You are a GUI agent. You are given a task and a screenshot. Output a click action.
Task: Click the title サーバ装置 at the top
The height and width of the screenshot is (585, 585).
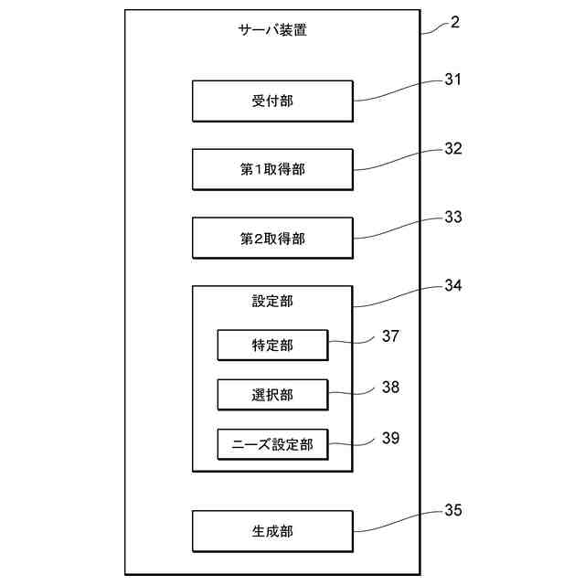click(x=272, y=29)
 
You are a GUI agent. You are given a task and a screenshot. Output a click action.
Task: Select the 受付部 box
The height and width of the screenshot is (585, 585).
click(x=272, y=101)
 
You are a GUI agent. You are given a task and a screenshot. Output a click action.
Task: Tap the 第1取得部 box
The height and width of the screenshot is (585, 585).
click(x=272, y=170)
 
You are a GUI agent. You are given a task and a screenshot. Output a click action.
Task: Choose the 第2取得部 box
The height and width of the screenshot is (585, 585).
click(x=272, y=238)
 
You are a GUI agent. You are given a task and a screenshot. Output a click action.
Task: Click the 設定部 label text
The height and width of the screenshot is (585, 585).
click(x=272, y=301)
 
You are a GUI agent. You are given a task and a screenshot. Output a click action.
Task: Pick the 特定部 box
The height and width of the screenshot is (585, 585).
click(x=272, y=345)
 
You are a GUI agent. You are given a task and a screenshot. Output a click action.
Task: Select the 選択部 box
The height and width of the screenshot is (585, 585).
click(x=272, y=395)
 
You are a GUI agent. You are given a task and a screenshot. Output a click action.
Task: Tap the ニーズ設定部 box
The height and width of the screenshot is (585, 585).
click(x=272, y=444)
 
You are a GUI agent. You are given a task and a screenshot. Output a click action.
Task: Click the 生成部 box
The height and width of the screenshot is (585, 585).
click(x=272, y=531)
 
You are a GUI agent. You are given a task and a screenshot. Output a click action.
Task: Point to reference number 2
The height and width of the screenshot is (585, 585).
click(x=454, y=22)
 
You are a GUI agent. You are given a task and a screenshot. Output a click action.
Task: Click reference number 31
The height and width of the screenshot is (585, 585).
click(x=453, y=80)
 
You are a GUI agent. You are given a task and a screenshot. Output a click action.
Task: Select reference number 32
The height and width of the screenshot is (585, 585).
click(x=453, y=149)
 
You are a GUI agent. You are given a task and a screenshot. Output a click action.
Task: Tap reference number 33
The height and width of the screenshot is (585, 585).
click(x=453, y=218)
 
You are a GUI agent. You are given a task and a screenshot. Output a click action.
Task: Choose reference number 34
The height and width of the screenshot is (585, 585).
click(x=453, y=285)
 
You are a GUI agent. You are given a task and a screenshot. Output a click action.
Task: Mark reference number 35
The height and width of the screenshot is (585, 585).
click(x=453, y=510)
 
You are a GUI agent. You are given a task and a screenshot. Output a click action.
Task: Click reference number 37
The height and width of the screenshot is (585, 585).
click(x=390, y=336)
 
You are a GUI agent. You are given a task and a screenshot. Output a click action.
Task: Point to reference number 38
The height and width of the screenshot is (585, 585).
click(x=390, y=387)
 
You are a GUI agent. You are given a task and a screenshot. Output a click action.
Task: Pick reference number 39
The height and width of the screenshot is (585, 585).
click(x=390, y=437)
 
